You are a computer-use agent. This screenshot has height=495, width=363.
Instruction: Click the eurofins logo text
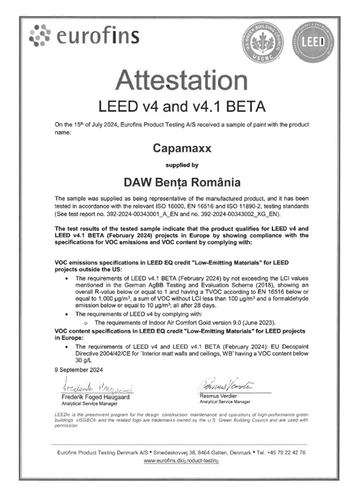click(x=97, y=36)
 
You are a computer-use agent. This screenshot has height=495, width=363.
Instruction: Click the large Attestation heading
click(x=181, y=80)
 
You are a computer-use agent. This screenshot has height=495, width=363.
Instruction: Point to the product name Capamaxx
click(x=181, y=148)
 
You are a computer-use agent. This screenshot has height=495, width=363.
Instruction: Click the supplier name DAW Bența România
click(x=181, y=182)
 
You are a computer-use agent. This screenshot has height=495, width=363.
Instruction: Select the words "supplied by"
click(x=181, y=166)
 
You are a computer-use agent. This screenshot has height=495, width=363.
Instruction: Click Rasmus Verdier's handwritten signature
click(x=227, y=386)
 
